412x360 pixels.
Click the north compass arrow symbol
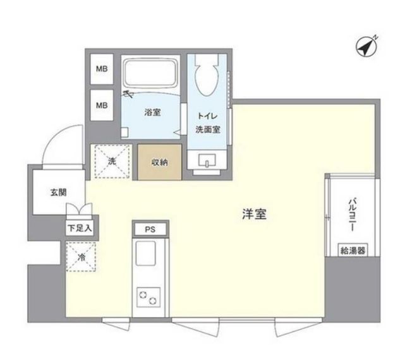click(x=367, y=46)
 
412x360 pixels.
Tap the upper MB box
click(x=102, y=69)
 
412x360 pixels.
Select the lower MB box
click(x=102, y=105)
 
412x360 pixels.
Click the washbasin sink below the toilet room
click(x=207, y=160)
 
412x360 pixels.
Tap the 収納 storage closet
click(x=160, y=162)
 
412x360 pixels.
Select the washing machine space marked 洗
click(x=112, y=162)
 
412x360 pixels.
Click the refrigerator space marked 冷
click(x=81, y=257)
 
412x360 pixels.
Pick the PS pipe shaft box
click(x=150, y=229)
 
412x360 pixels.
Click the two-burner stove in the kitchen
click(x=148, y=297)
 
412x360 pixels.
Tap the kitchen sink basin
click(x=145, y=253)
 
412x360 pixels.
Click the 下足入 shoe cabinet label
click(x=80, y=228)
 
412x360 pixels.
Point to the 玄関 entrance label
click(x=58, y=193)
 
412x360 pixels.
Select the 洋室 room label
click(x=255, y=214)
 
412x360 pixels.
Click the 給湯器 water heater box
click(x=353, y=251)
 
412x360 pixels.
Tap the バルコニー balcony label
click(x=353, y=215)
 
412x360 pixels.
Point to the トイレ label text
click(x=207, y=116)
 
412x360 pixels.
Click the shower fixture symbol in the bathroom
click(x=128, y=93)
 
